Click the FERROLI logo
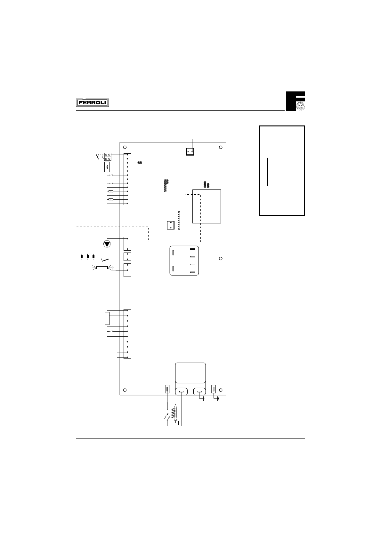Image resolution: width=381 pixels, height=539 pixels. point(93,102)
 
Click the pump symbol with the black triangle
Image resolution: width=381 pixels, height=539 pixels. point(107,244)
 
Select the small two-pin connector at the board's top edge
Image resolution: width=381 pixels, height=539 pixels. point(190,152)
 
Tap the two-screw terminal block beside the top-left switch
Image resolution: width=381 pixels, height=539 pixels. point(108,157)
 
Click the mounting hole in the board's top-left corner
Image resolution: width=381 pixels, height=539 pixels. point(125,147)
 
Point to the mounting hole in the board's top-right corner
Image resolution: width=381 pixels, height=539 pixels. point(221,147)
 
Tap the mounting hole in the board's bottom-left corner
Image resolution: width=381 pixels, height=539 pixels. point(125,390)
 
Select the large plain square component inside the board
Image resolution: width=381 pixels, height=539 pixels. point(207,206)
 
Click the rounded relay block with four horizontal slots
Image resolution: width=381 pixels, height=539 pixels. point(183,261)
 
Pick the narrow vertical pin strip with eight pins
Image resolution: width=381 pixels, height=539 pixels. point(179,220)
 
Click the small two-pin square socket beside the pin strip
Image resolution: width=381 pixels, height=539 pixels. point(171,225)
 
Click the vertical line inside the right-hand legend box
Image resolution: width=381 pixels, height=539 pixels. point(267,172)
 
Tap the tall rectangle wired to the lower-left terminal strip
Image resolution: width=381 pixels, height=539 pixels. point(107,318)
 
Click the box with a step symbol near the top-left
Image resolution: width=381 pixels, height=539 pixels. point(107,167)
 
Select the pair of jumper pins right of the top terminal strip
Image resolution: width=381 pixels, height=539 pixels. point(140,163)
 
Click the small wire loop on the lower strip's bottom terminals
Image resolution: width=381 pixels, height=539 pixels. point(119,355)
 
